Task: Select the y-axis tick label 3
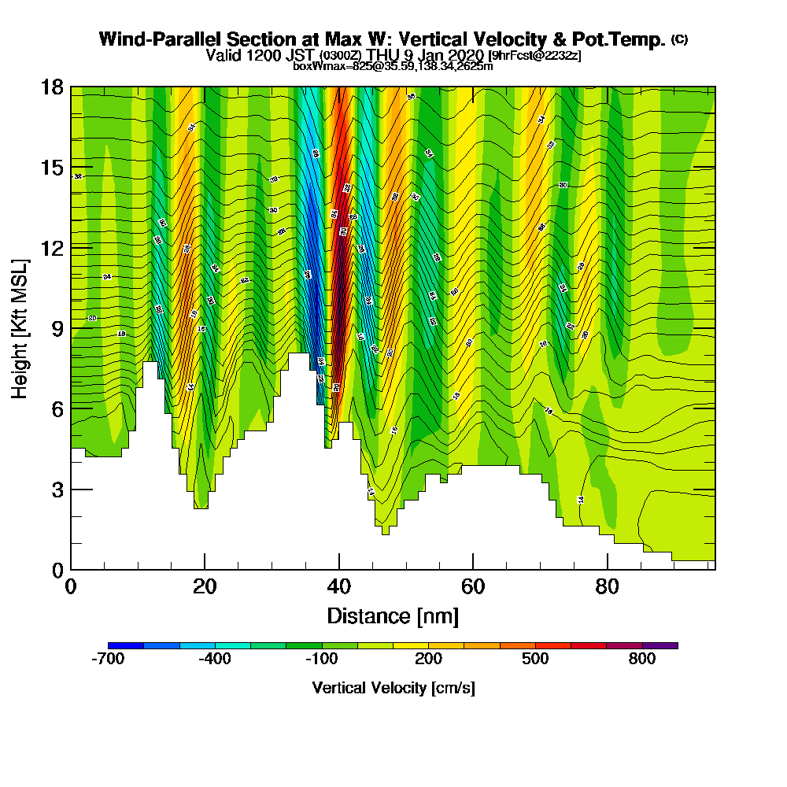[57, 489]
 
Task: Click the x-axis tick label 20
[205, 586]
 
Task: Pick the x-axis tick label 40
[338, 586]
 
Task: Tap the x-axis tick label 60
[473, 586]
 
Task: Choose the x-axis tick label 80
[607, 586]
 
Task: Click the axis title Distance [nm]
[393, 615]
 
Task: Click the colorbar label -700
[108, 660]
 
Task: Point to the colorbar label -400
[215, 660]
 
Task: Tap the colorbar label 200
[429, 660]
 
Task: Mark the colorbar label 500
[536, 660]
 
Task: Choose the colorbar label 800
[643, 660]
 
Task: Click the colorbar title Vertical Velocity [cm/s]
[393, 688]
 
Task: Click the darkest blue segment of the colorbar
[126, 645]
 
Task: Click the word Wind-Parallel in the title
[157, 39]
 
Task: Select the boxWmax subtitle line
[393, 66]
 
